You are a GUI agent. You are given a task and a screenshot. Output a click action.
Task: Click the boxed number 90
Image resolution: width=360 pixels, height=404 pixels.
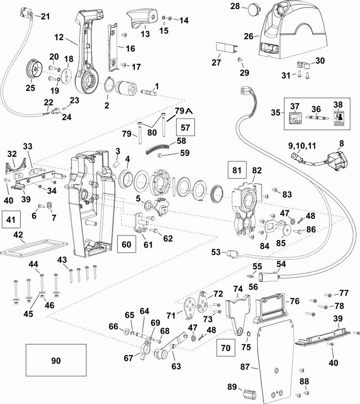[56, 361]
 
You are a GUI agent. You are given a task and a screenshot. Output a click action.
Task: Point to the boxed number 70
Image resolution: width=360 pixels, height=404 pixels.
[225, 347]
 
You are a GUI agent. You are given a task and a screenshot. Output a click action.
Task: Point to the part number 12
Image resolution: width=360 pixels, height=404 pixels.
[59, 37]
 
